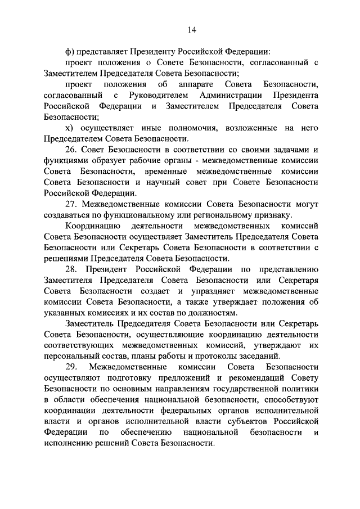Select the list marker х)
coord(70,128)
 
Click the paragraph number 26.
coord(71,149)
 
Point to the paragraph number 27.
coord(71,204)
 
